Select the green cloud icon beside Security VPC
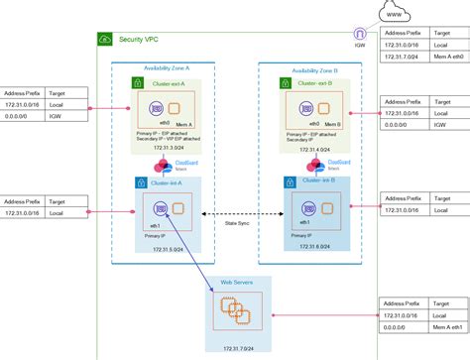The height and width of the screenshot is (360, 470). click(x=105, y=39)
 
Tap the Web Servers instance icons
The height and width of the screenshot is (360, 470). click(x=235, y=312)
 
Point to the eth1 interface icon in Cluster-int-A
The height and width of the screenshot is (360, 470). click(x=156, y=208)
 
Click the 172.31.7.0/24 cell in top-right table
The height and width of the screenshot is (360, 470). click(x=403, y=59)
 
